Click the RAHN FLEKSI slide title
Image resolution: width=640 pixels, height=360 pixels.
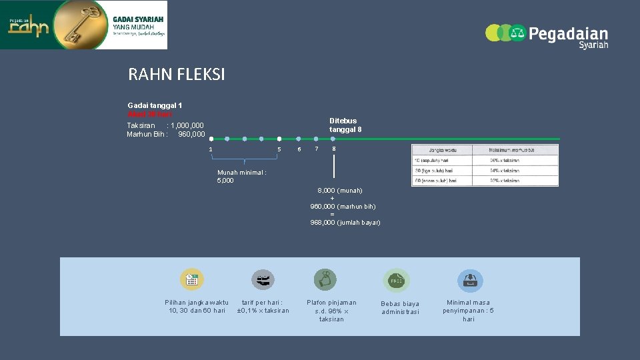[177, 75]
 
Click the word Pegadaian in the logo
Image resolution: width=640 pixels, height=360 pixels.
[568, 34]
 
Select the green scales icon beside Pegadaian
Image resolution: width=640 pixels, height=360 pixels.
[517, 33]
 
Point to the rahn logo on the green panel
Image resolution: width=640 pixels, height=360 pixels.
[28, 27]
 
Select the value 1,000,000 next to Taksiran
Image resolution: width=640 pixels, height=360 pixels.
[187, 125]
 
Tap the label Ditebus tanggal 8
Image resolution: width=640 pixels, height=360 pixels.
[345, 125]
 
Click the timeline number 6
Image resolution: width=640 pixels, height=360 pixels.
[299, 149]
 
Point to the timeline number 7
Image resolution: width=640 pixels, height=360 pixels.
[317, 149]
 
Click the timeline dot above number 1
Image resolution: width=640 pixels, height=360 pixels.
[211, 139]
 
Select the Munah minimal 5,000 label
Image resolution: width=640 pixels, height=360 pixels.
[241, 176]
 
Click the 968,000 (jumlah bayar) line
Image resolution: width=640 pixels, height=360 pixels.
[345, 223]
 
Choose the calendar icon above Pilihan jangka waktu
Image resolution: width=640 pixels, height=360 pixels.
[191, 280]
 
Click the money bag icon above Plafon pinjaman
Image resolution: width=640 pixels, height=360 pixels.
[325, 280]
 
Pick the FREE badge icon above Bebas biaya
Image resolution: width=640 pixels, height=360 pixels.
[395, 281]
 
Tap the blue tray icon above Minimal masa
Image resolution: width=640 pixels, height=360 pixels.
[470, 281]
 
